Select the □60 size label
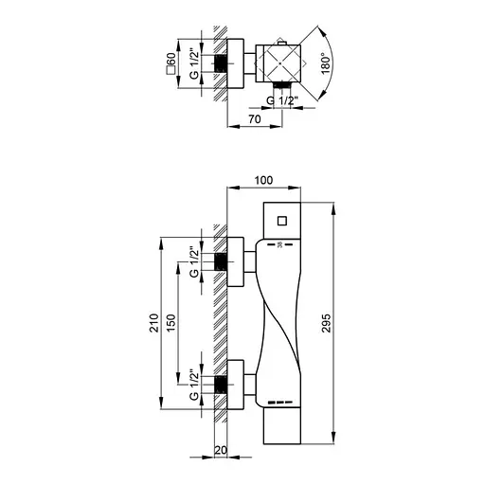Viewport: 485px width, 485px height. point(171,62)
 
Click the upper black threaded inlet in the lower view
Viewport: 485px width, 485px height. point(221,261)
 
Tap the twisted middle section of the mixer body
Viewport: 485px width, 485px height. point(281,322)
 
